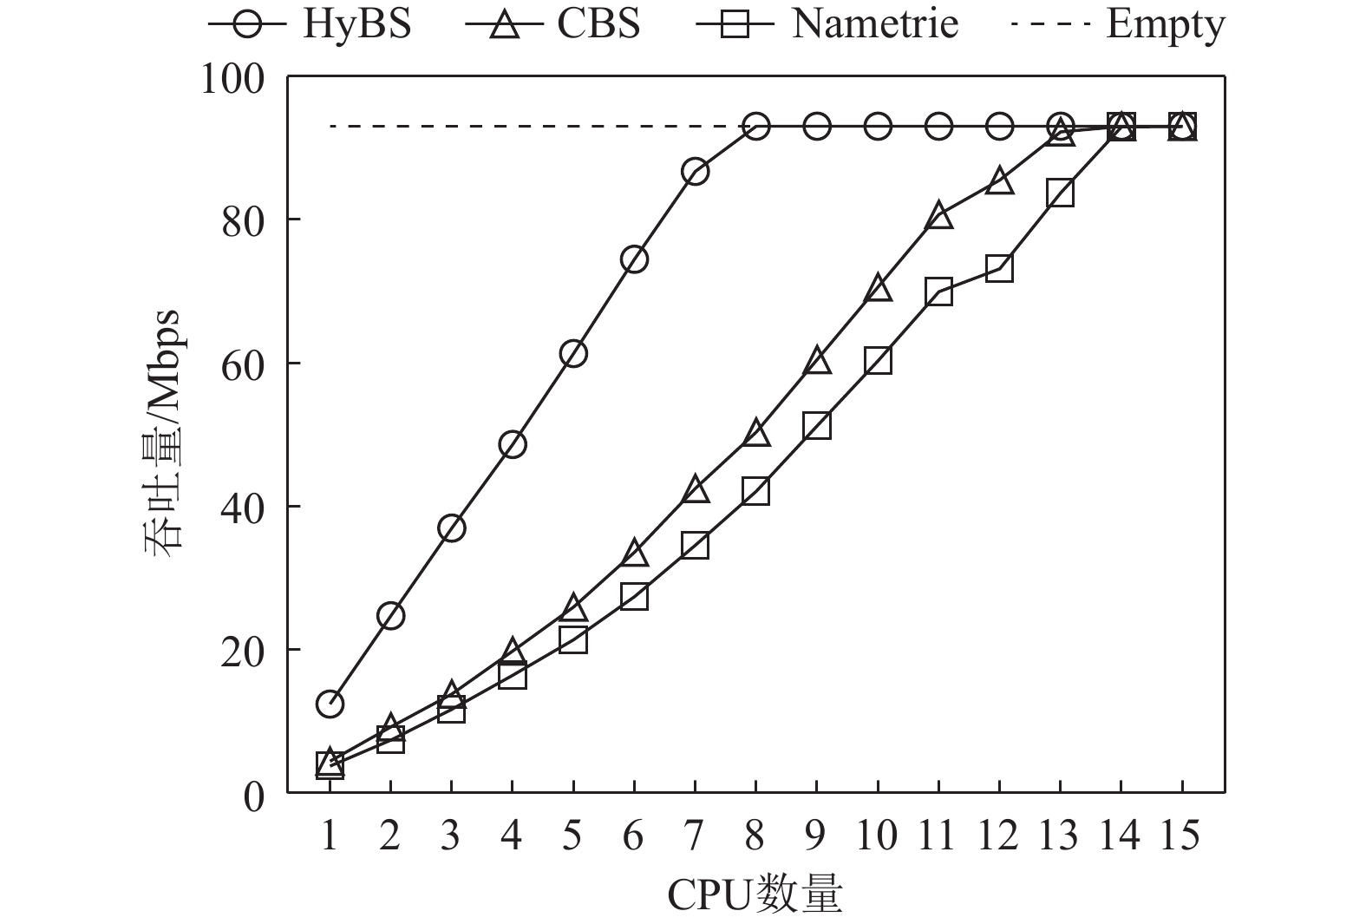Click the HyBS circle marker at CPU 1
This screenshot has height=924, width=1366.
(330, 704)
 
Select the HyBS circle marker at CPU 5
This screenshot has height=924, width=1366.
(573, 353)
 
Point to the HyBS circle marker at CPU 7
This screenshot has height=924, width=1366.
(695, 172)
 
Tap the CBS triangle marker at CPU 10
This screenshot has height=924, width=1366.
(878, 288)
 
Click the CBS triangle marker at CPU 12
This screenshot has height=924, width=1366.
(999, 180)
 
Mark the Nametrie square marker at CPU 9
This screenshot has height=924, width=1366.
(817, 425)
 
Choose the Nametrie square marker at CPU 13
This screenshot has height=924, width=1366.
(1060, 193)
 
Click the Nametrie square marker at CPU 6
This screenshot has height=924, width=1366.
(634, 597)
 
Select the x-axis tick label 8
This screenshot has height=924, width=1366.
(755, 836)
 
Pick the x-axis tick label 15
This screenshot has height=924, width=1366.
(1181, 836)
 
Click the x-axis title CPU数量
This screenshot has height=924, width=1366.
(755, 895)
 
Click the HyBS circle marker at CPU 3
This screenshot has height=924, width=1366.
(451, 528)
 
